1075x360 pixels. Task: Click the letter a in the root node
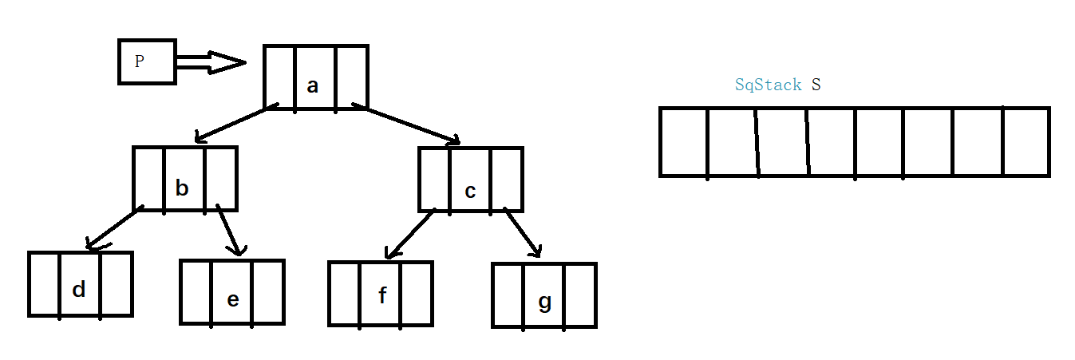click(x=313, y=86)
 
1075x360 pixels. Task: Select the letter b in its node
click(x=182, y=188)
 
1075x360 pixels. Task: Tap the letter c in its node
click(x=470, y=192)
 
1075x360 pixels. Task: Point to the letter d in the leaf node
click(x=78, y=289)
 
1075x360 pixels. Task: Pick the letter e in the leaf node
click(x=232, y=299)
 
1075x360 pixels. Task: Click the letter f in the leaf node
click(x=382, y=296)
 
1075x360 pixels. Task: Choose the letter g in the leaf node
click(x=544, y=303)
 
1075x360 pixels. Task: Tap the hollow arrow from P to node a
click(x=211, y=63)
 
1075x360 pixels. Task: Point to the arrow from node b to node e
click(x=229, y=231)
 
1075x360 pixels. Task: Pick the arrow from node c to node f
click(x=409, y=234)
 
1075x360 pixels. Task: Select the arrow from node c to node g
click(x=524, y=234)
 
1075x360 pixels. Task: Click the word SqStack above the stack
click(x=768, y=85)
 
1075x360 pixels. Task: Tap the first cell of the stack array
click(x=684, y=141)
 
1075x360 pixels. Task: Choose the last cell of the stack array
click(x=1026, y=141)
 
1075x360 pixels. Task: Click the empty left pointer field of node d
click(x=45, y=284)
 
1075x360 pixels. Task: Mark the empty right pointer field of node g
click(x=580, y=295)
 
